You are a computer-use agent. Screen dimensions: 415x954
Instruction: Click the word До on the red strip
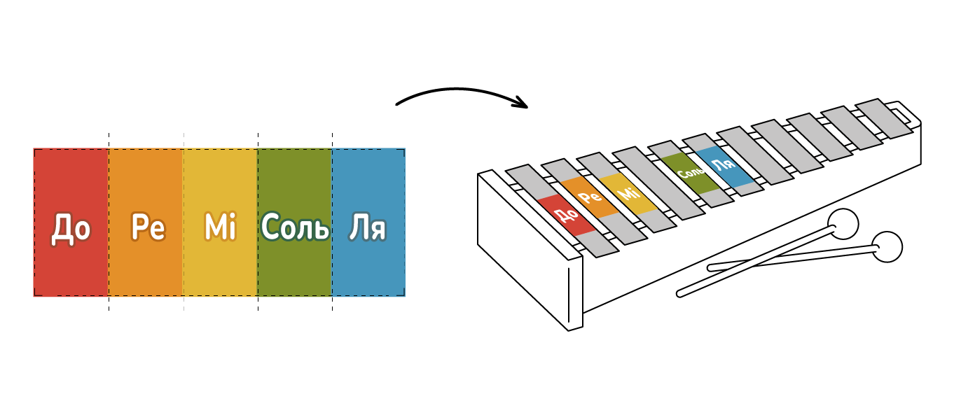coord(71,228)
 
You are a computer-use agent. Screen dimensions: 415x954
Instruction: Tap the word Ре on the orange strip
coord(148,227)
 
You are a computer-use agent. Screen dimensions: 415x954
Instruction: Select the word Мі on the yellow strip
coord(220,227)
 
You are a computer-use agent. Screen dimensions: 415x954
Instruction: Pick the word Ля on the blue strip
coord(368,227)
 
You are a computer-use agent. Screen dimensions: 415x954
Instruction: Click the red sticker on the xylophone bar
coord(566,215)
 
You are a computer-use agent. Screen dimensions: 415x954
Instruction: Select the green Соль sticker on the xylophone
coord(689,172)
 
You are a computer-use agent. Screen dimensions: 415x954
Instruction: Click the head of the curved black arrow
coord(522,105)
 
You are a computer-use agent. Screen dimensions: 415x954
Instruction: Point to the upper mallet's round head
coord(843,224)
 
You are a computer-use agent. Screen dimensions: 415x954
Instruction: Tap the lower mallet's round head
coord(887,247)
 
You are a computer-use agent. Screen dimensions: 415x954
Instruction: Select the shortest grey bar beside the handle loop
coord(879,118)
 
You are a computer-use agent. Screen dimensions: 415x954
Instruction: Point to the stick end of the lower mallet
coord(712,267)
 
